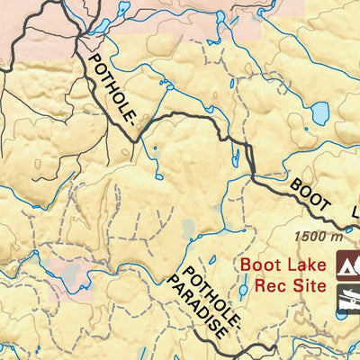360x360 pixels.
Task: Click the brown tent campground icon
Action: pos(348,266)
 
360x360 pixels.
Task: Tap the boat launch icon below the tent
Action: pos(348,297)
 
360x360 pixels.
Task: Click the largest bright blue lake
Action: pos(319,114)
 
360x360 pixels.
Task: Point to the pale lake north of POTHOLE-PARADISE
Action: pos(188,229)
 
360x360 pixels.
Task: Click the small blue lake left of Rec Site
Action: pos(243,289)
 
